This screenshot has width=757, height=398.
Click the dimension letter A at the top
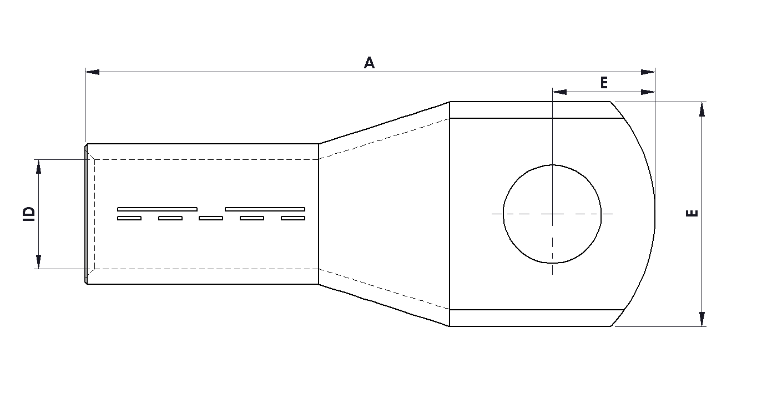point(369,63)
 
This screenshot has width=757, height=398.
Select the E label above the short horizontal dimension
point(604,83)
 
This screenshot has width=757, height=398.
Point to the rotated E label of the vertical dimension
point(692,214)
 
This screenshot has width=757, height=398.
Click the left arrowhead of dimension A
point(93,72)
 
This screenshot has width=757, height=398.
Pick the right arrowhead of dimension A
point(648,72)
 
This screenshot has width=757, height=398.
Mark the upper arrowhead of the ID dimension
point(38,167)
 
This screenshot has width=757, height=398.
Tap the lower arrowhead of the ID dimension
point(38,261)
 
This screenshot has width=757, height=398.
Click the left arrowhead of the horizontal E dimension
point(559,92)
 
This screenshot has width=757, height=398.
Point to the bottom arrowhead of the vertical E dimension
point(702,319)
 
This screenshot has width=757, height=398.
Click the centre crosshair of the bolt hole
point(552,214)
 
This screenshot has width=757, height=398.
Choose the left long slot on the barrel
point(157,209)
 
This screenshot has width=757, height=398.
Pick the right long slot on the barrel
point(265,209)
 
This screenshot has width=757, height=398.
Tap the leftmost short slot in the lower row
point(129,218)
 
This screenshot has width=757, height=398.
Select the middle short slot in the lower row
point(211,218)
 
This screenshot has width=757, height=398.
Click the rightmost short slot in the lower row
point(293,218)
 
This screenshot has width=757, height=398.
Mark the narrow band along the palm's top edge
point(533,110)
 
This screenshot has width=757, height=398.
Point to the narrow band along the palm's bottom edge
point(533,318)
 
